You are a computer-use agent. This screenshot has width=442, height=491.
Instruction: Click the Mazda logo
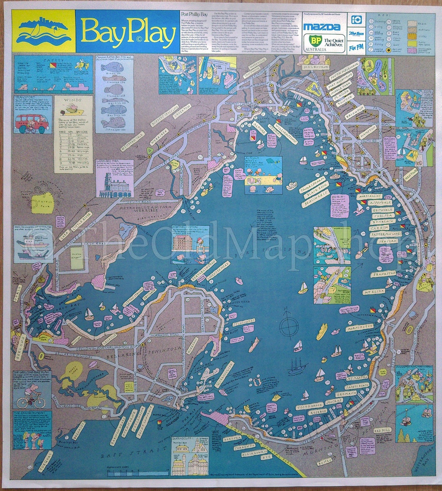321,27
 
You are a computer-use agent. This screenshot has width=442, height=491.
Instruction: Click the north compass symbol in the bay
288,322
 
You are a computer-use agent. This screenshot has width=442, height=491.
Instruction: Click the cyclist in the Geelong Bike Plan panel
27,396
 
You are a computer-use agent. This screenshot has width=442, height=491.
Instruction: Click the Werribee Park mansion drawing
109,185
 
